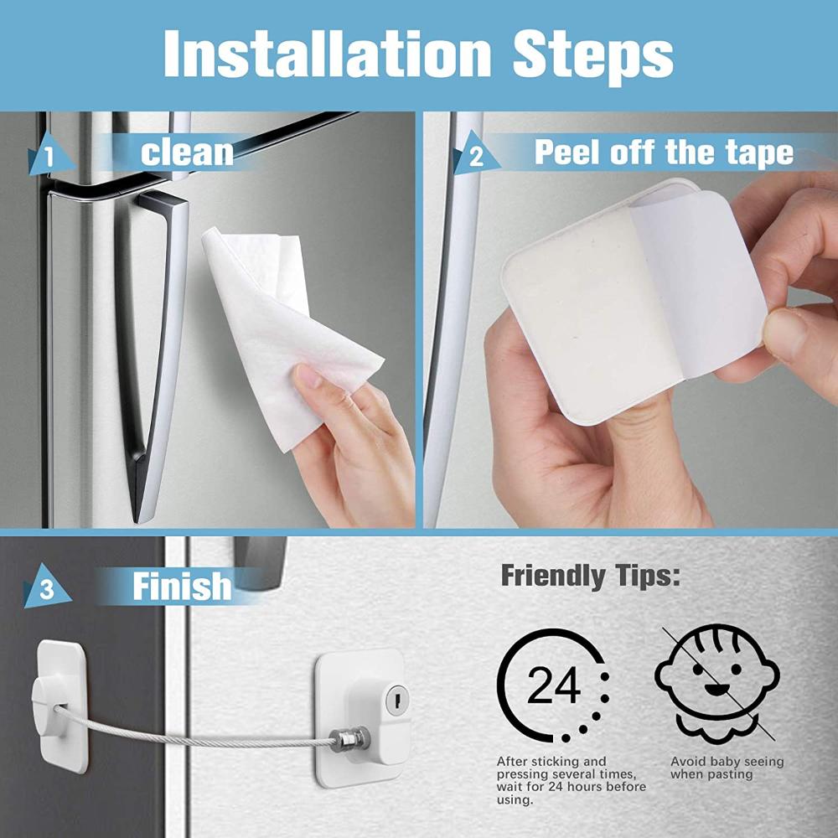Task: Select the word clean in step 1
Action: [187, 153]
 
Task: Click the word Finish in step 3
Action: [182, 587]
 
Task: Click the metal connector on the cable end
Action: [342, 739]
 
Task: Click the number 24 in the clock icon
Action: [553, 687]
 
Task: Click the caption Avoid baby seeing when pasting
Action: [727, 768]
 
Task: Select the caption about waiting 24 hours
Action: [570, 781]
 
